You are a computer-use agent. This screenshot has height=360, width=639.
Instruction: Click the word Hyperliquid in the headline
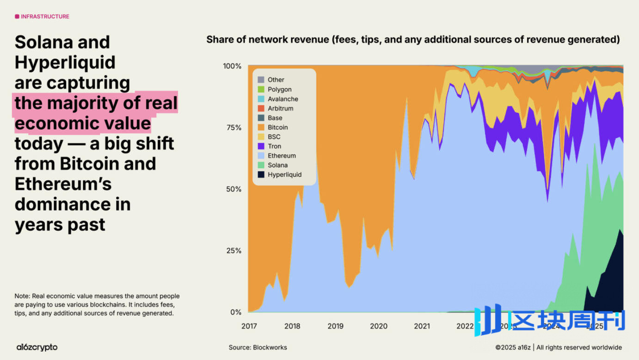pyautogui.click(x=65, y=62)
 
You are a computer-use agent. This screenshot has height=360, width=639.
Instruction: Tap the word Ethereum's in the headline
pyautogui.click(x=63, y=184)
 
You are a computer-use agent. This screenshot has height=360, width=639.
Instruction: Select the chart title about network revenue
pyautogui.click(x=413, y=39)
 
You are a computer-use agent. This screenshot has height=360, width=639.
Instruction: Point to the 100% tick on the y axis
pyautogui.click(x=232, y=66)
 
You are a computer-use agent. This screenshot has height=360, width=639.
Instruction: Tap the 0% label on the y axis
pyautogui.click(x=236, y=312)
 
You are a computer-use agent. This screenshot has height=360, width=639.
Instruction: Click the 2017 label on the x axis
pyautogui.click(x=249, y=326)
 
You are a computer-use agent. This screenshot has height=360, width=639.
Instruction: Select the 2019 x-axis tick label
pyautogui.click(x=336, y=326)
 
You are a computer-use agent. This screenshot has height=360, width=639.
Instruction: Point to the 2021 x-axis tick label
pyautogui.click(x=422, y=326)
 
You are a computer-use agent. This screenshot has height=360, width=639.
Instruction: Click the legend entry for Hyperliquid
pyautogui.click(x=280, y=174)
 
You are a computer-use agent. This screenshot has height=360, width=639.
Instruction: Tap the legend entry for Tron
pyautogui.click(x=270, y=146)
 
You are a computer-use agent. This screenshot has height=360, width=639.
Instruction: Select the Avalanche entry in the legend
pyautogui.click(x=278, y=99)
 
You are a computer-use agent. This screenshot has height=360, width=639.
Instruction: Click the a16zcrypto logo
pyautogui.click(x=37, y=347)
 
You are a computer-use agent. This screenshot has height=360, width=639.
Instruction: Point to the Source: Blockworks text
pyautogui.click(x=258, y=348)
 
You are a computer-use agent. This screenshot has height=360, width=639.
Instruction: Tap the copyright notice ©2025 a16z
pyautogui.click(x=513, y=348)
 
